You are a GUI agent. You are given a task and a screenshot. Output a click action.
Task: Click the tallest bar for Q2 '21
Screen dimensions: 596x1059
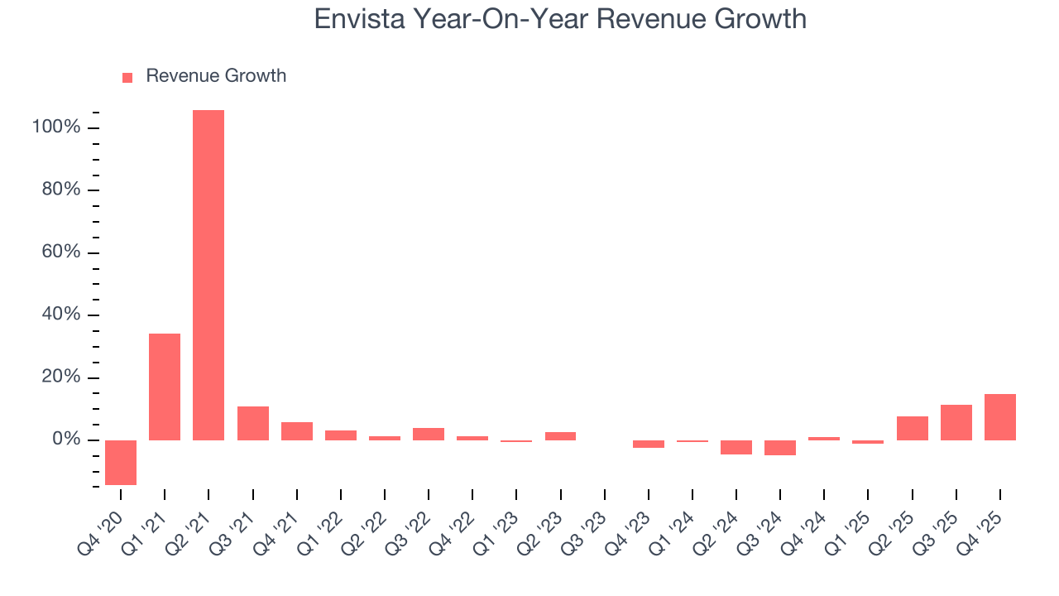208,275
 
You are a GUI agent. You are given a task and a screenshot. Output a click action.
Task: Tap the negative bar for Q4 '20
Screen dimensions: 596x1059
121,462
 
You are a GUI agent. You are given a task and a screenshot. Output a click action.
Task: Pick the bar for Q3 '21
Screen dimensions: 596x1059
253,423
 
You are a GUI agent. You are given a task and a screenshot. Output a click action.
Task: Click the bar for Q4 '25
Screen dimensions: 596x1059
1000,417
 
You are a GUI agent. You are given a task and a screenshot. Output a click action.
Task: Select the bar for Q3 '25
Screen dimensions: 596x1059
956,422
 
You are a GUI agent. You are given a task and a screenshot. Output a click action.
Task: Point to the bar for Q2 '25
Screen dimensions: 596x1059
913,428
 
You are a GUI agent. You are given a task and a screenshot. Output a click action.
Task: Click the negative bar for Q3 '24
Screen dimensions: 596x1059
780,448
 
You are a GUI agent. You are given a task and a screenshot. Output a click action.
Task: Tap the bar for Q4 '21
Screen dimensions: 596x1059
297,431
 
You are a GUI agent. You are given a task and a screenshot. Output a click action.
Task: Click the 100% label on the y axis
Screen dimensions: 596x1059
56,127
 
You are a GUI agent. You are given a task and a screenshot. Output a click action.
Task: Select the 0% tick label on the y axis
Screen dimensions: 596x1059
65,440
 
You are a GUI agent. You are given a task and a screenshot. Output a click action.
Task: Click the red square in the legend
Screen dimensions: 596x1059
127,77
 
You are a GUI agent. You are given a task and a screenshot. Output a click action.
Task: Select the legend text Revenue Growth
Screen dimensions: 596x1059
216,76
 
